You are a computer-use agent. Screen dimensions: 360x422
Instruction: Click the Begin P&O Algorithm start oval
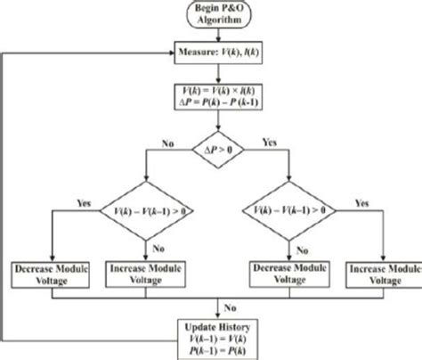[x=210, y=14]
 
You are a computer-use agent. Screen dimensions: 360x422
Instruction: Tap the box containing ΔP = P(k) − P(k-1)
[x=210, y=97]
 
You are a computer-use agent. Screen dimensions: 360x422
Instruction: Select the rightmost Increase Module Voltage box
[x=373, y=273]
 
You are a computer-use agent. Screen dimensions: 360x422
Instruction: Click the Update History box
[x=210, y=335]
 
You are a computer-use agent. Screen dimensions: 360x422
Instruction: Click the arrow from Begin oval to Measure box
[x=210, y=36]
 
